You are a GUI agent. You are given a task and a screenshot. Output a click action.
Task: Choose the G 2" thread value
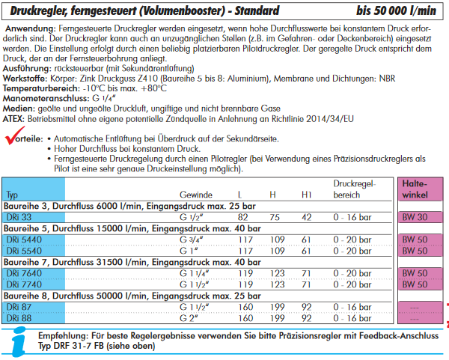tap(190, 318)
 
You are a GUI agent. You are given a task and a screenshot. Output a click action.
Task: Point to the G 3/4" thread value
tap(192, 240)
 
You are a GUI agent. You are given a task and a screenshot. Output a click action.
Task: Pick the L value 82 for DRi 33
tap(243, 217)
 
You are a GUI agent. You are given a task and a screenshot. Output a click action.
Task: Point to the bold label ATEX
tap(16, 118)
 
